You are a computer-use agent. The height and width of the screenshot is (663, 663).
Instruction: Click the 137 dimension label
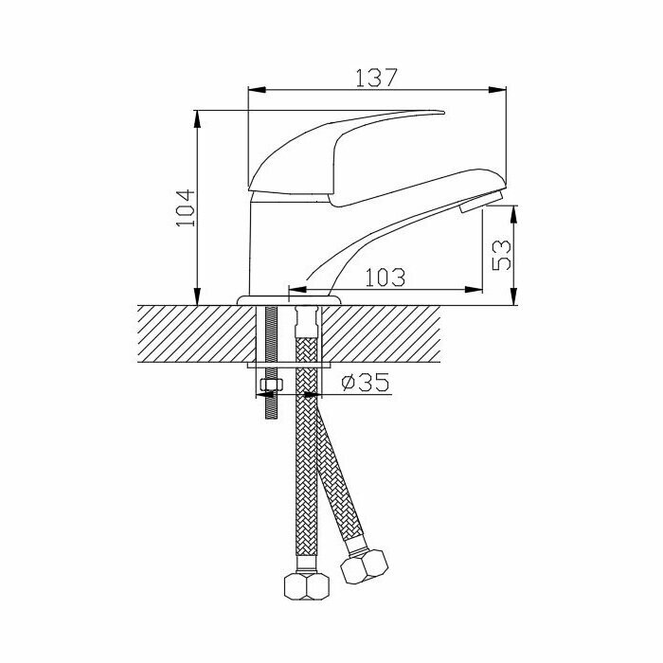376,78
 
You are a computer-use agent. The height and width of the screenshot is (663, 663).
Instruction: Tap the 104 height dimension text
186,208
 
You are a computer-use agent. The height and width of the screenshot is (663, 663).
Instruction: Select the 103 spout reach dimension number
385,278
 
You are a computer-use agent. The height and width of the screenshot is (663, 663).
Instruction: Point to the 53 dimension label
501,255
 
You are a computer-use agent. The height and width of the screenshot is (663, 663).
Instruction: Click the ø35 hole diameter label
366,383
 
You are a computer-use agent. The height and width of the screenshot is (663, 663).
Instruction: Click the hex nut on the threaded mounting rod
272,385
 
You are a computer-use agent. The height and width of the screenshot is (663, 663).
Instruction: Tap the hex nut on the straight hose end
307,586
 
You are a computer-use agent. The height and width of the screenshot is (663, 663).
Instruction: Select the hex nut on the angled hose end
365,566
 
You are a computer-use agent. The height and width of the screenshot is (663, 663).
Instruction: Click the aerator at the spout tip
481,201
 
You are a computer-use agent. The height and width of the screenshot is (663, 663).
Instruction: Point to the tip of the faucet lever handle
444,113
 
